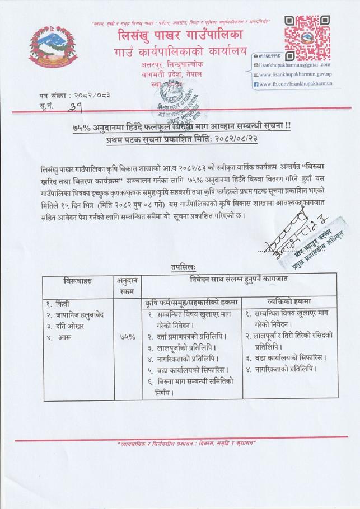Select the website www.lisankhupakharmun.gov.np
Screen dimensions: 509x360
click(x=301, y=74)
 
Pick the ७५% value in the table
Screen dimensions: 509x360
click(x=128, y=337)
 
